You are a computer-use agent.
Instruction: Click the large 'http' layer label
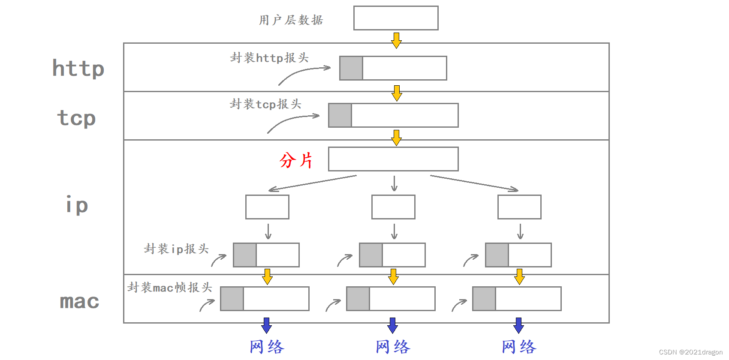(78, 69)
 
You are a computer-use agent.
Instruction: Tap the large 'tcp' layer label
(76, 118)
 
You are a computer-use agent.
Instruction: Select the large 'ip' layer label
(77, 205)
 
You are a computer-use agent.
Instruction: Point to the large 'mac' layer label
(79, 301)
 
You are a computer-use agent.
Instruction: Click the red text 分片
(296, 160)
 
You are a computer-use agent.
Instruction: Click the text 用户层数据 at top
(291, 20)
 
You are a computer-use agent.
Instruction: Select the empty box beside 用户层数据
(396, 18)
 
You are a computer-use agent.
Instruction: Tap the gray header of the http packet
(351, 68)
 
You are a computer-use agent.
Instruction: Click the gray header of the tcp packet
(340, 115)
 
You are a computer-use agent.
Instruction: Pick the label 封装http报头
(269, 58)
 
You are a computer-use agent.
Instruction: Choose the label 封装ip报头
(176, 249)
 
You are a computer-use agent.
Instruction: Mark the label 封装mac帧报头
(170, 288)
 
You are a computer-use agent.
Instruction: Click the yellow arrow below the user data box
(396, 40)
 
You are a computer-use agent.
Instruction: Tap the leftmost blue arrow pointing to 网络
(266, 325)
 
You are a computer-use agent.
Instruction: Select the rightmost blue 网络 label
(519, 347)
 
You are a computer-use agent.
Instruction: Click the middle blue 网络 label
(393, 347)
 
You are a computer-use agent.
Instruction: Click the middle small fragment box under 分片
(393, 207)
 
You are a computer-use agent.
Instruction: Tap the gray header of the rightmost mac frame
(484, 299)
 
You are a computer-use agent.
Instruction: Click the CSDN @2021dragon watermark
(690, 352)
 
